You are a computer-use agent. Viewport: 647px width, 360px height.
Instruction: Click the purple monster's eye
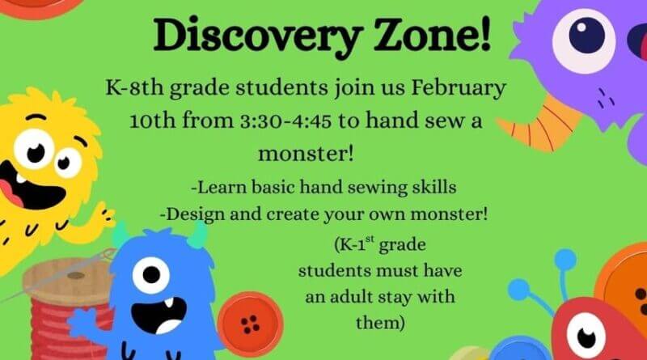click(594, 34)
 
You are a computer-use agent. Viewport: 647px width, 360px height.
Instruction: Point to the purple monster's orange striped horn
click(539, 121)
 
